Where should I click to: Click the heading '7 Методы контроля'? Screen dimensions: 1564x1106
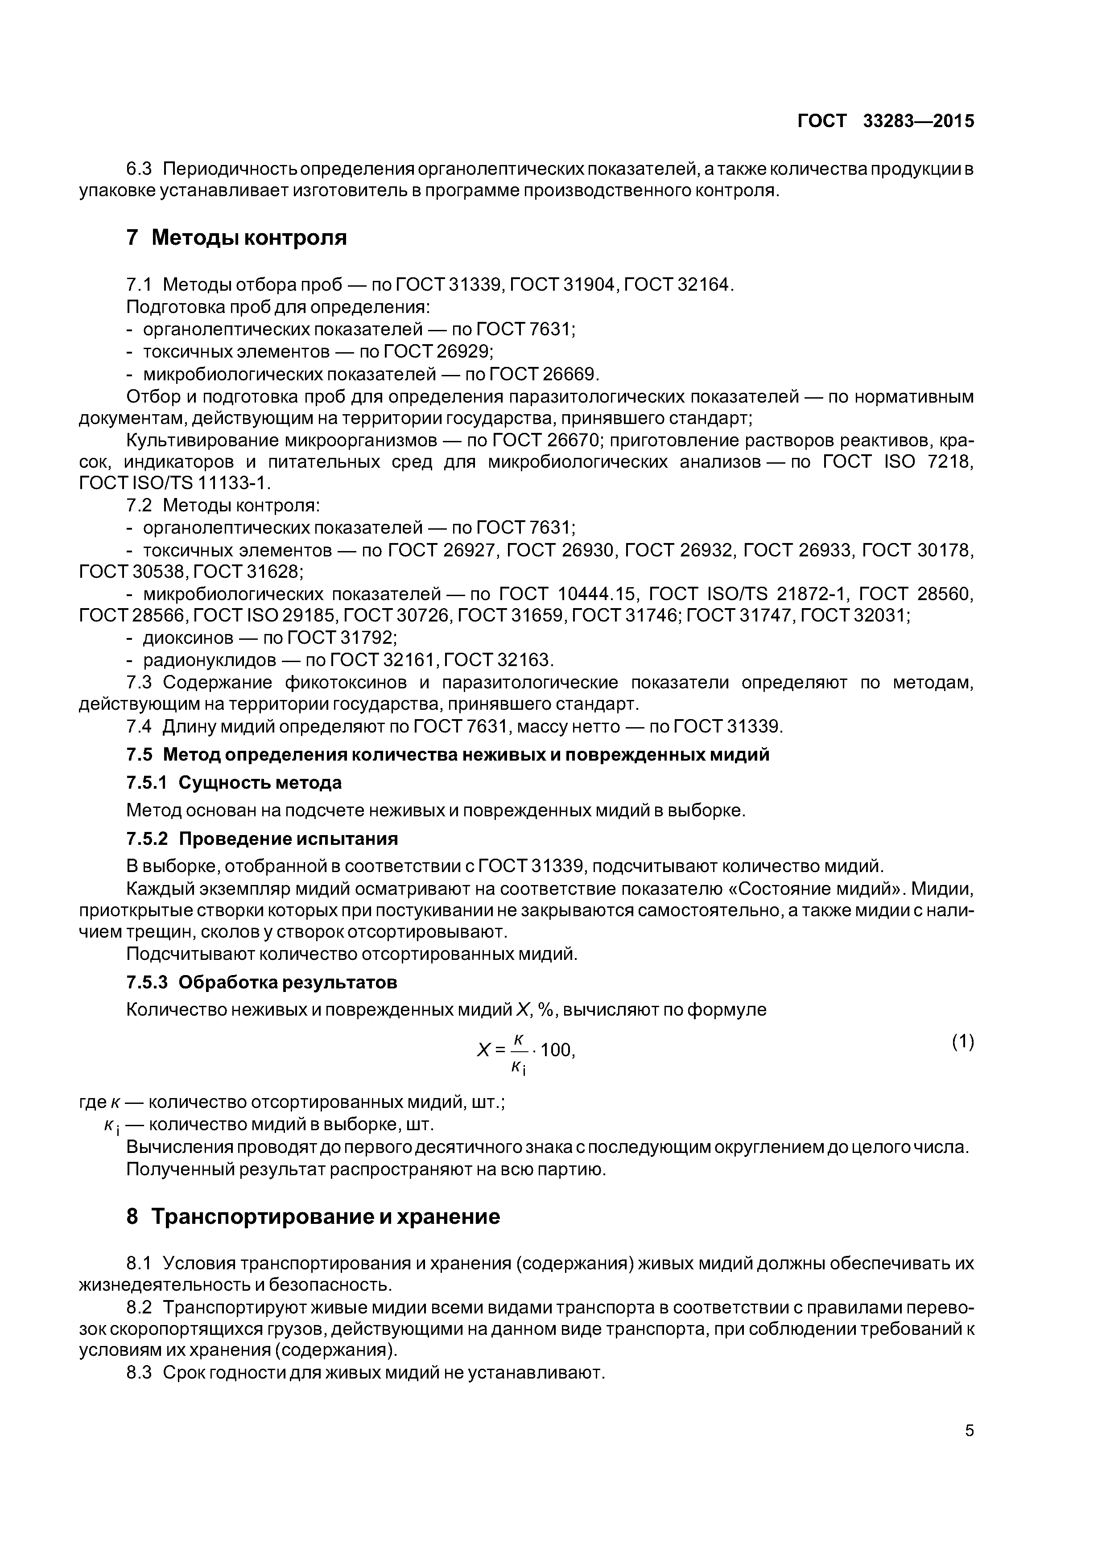pos(236,238)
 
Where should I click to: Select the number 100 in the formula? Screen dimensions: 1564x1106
pos(557,1050)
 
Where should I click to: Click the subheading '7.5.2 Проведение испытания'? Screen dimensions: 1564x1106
pos(262,838)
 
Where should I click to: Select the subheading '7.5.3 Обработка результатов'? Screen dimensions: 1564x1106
pos(262,982)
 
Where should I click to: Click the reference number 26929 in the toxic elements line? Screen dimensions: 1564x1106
pos(463,351)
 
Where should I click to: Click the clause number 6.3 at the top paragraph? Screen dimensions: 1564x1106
pos(140,168)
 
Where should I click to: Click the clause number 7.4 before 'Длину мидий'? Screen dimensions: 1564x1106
pos(139,727)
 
